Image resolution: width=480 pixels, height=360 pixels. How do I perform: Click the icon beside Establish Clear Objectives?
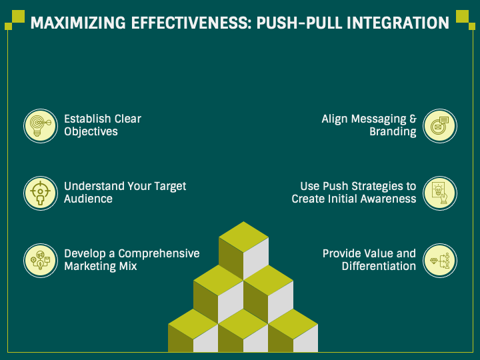[40, 125]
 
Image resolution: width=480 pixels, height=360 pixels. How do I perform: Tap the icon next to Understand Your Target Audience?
[40, 193]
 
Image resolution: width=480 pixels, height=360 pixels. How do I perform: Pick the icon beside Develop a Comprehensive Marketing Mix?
[40, 260]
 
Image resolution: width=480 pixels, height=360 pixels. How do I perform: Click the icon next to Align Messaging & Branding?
[440, 125]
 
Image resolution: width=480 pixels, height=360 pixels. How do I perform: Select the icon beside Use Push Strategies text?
[440, 193]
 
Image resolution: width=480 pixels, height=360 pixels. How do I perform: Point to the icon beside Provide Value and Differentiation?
[440, 260]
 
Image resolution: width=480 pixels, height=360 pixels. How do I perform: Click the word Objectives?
[91, 132]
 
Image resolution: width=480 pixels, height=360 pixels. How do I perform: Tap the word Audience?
[88, 199]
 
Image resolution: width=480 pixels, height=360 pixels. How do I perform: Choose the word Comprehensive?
[159, 253]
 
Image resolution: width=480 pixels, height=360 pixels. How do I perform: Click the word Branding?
[393, 132]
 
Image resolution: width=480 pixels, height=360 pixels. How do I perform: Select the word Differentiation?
[379, 267]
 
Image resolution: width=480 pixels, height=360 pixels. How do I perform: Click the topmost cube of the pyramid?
[243, 247]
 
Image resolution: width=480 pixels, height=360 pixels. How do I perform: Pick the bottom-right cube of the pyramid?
[293, 333]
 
